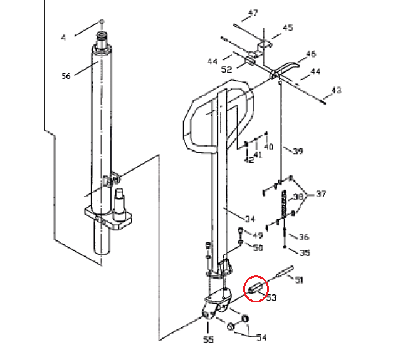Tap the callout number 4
click(x=63, y=38)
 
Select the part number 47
click(x=253, y=13)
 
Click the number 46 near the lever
click(x=311, y=54)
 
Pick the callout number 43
click(x=336, y=91)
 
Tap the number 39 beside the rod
click(x=298, y=151)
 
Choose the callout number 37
click(x=321, y=195)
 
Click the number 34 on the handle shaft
click(x=250, y=219)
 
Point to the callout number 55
click(x=208, y=340)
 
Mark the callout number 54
click(x=261, y=338)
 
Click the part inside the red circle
click(x=256, y=290)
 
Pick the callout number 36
click(x=304, y=237)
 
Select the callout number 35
click(x=305, y=253)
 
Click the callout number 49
click(x=258, y=235)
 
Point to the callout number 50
click(x=258, y=248)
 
